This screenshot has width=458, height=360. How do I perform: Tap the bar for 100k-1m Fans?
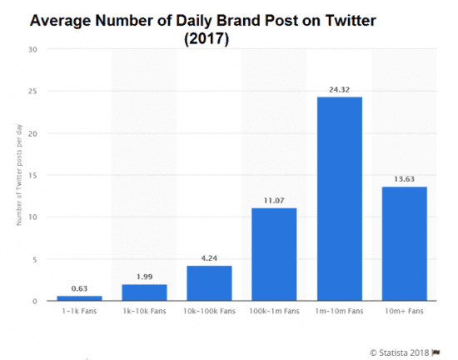pos(274,254)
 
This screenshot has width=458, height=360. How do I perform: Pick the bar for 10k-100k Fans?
pos(209,282)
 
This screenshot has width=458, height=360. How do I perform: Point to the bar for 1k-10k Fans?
pos(144,292)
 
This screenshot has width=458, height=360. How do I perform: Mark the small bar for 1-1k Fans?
pos(79,297)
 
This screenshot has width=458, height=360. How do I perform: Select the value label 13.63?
pos(404,177)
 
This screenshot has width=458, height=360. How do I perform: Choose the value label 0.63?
pos(79,287)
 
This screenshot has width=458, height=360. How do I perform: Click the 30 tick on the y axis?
pos(32,49)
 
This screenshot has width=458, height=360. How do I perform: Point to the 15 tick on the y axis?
pos(32,175)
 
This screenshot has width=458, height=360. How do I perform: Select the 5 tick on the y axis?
pos(34,259)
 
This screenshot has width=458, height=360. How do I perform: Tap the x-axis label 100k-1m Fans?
pos(274,311)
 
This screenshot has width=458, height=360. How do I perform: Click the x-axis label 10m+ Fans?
pos(404,311)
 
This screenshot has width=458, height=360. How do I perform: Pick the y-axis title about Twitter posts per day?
pos(18,175)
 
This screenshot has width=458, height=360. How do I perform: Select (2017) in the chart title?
pos(207,38)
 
